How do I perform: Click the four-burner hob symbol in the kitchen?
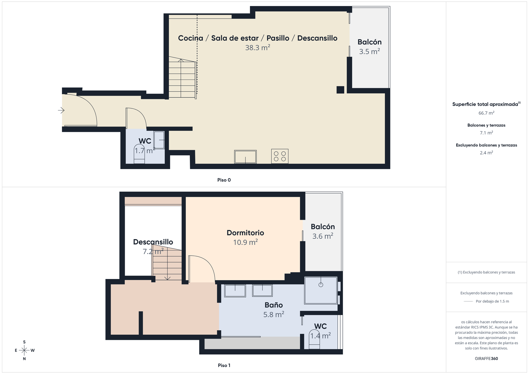pyautogui.click(x=280, y=156)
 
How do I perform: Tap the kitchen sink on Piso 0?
pyautogui.click(x=245, y=157)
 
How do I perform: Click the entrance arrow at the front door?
pyautogui.click(x=61, y=110)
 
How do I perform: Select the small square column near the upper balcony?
pyautogui.click(x=340, y=90)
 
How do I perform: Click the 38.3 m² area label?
pyautogui.click(x=258, y=48)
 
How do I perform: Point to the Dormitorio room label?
pyautogui.click(x=245, y=233)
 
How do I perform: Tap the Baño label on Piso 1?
pyautogui.click(x=274, y=305)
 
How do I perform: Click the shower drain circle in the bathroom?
pyautogui.click(x=321, y=285)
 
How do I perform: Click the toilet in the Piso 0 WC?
pyautogui.click(x=139, y=154)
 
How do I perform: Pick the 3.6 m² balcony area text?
pyautogui.click(x=323, y=236)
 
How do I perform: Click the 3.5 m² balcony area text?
pyautogui.click(x=369, y=52)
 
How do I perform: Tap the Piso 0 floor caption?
pyautogui.click(x=224, y=180)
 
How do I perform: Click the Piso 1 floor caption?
pyautogui.click(x=224, y=365)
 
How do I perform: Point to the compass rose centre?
pyautogui.click(x=24, y=350)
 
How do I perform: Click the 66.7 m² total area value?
pyautogui.click(x=486, y=113)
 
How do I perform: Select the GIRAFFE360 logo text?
pyautogui.click(x=486, y=358)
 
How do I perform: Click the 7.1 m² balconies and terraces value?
pyautogui.click(x=486, y=133)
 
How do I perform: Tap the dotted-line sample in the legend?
pyautogui.click(x=468, y=301)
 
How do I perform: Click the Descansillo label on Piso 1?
pyautogui.click(x=153, y=242)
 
